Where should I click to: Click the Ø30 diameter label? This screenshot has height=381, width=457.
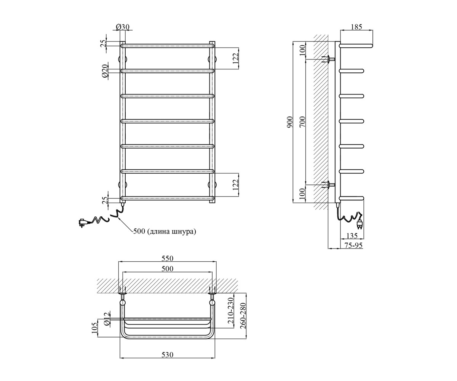123,27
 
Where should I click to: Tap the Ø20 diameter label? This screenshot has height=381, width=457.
105,71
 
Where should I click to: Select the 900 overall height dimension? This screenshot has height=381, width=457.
290,122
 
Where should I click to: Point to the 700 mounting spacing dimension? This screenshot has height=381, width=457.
302,122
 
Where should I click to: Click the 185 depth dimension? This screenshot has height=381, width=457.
356,27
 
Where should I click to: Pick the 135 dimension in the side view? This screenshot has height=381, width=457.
352,235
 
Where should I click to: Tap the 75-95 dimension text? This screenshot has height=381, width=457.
353,245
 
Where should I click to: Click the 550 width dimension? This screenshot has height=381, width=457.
168,258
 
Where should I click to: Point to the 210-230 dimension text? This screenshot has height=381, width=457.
230,310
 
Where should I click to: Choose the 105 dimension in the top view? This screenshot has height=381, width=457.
95,328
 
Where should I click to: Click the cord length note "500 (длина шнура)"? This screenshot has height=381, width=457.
165,231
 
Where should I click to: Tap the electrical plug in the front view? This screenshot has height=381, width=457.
83,223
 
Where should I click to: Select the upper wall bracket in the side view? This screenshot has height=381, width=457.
328,59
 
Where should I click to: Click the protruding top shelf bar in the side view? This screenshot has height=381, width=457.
356,46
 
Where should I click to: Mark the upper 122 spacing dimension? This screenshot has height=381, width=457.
235,58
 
